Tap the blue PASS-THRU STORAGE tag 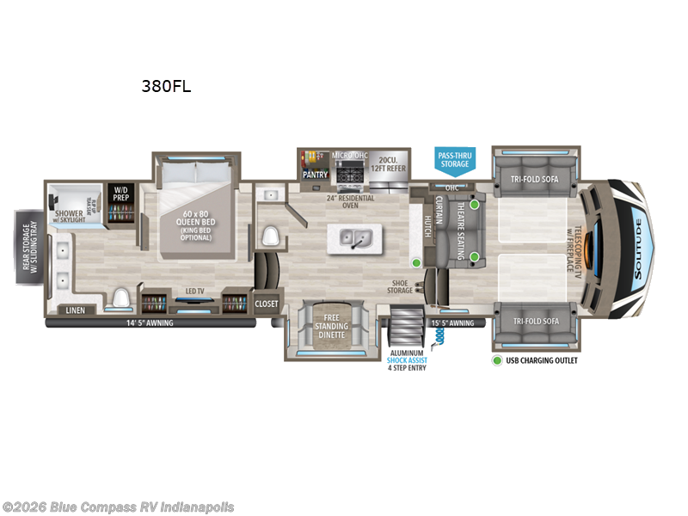(x=455, y=158)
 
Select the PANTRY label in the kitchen (x=314, y=174)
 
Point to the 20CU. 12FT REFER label (x=387, y=165)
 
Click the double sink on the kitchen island (x=355, y=236)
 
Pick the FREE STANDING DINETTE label (x=331, y=327)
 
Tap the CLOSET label (x=267, y=304)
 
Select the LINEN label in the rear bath (x=75, y=310)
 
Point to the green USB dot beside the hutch (x=416, y=262)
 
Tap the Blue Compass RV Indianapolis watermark (x=119, y=507)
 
